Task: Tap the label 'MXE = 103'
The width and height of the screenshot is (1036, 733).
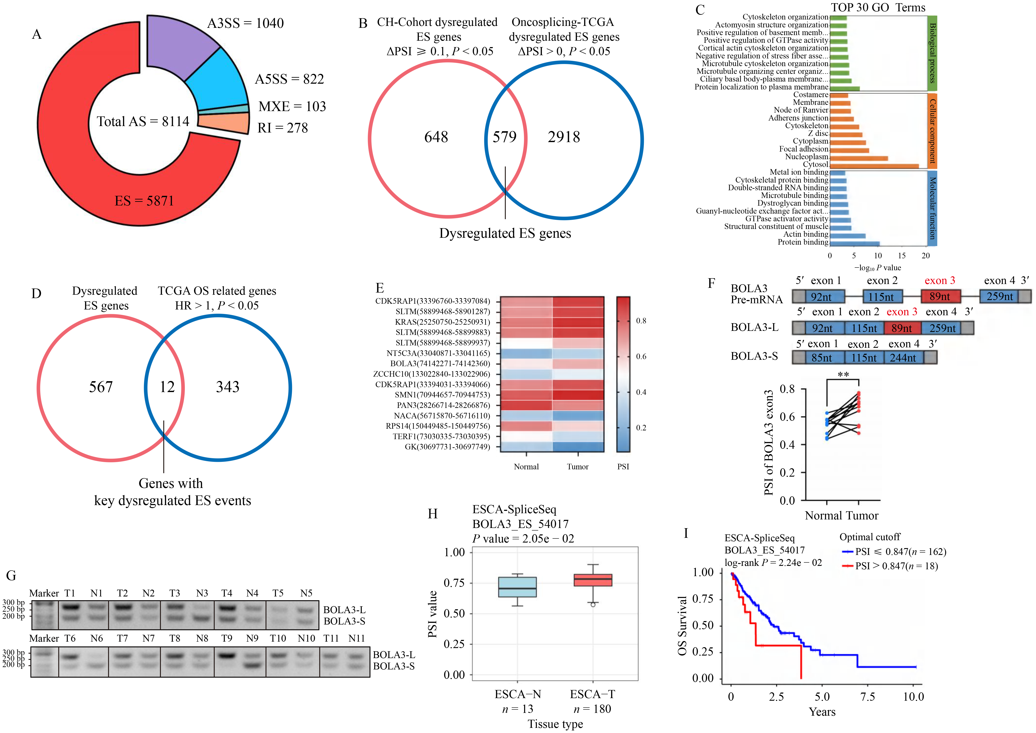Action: point(292,107)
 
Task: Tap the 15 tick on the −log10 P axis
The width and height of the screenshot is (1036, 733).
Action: point(901,256)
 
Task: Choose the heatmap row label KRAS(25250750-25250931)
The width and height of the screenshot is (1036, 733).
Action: point(442,322)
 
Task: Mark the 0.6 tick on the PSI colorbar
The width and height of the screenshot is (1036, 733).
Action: point(641,357)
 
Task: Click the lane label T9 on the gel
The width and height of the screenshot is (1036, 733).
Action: point(227,638)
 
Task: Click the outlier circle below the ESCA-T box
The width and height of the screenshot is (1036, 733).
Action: point(593,604)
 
